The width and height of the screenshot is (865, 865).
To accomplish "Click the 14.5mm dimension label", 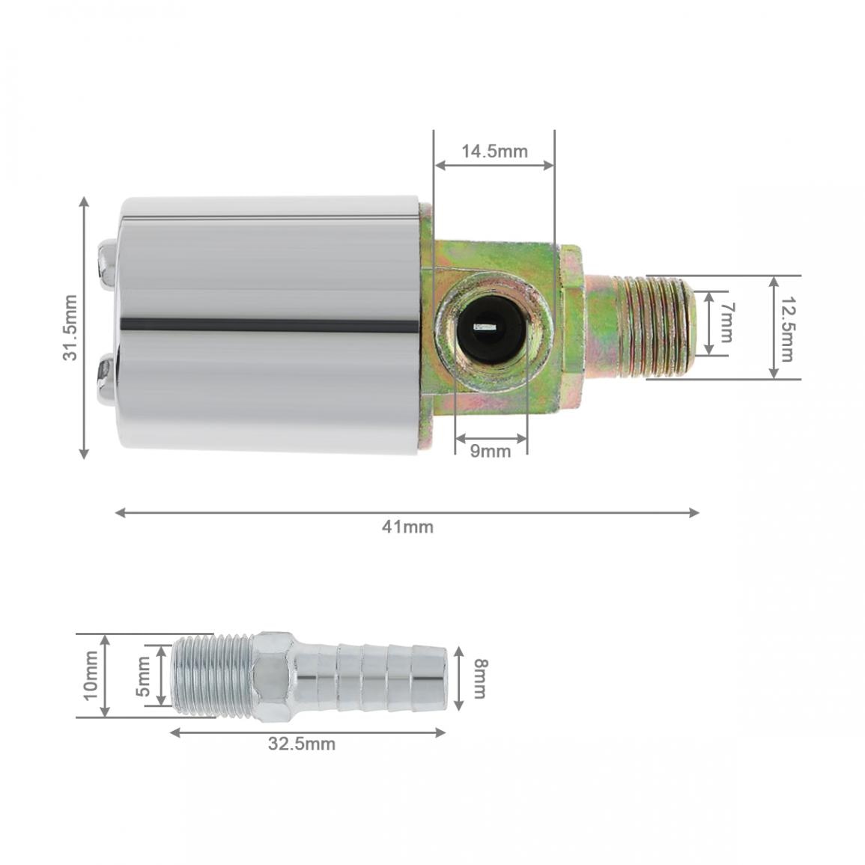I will (x=494, y=151).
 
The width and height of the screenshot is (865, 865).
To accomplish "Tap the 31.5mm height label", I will (x=70, y=327).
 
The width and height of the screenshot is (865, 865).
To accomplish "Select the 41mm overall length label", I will (x=407, y=526).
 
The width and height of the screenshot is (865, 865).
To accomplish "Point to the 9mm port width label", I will (x=491, y=451).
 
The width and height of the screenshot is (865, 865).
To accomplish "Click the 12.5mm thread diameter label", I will (x=785, y=327).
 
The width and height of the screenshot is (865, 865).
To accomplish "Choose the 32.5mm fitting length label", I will (x=302, y=744).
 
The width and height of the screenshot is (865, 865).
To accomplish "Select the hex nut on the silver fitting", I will (x=273, y=676).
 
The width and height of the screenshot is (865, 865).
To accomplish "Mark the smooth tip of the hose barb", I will (x=431, y=677).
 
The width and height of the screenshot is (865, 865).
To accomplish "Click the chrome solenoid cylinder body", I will (x=270, y=327).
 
